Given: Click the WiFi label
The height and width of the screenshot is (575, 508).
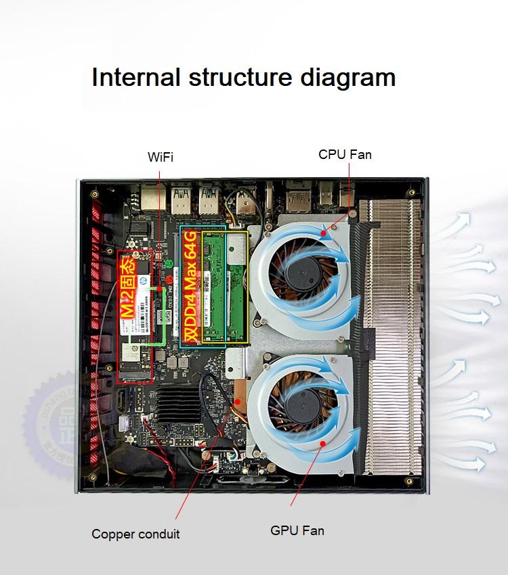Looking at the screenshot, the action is coord(161,158).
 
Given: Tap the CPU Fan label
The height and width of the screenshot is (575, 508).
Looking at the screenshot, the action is coord(345,155).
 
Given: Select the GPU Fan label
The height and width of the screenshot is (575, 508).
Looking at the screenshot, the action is coord(297,530).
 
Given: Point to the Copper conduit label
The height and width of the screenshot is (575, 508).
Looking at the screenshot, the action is coord(135,534).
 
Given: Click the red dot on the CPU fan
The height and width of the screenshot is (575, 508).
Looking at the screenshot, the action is coord(325,235).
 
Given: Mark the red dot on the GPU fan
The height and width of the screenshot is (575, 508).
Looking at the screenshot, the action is coord(322,443).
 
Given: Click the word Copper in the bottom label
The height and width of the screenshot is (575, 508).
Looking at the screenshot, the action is coord(114,534).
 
